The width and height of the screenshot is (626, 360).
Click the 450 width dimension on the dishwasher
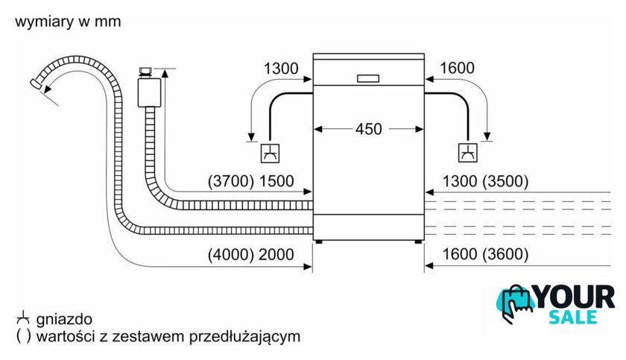click(x=368, y=129)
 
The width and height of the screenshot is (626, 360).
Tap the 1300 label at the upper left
click(x=281, y=69)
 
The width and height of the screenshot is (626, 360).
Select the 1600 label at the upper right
click(x=457, y=69)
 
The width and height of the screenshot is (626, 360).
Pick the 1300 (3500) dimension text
click(x=485, y=181)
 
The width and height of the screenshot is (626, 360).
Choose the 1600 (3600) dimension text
click(x=485, y=254)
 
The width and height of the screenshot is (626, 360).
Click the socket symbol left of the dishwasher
click(x=269, y=154)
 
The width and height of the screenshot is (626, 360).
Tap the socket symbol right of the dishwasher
click(x=468, y=154)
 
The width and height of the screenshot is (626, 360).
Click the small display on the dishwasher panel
click(x=368, y=78)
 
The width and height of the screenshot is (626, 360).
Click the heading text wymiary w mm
click(x=67, y=22)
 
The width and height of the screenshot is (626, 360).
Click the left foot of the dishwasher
click(x=320, y=241)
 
